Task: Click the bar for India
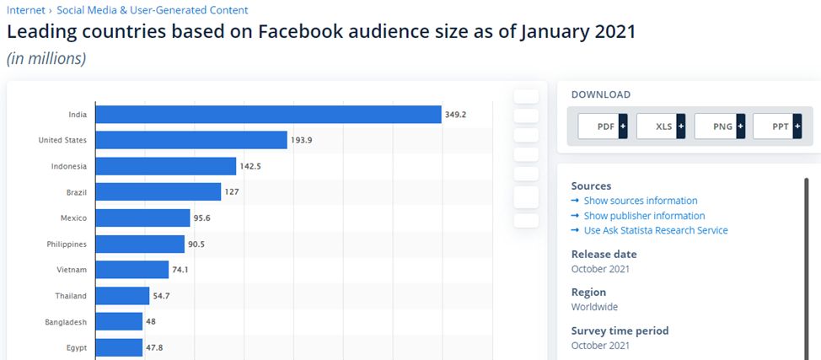click(268, 115)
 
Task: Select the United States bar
click(191, 140)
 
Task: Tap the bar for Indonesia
click(165, 166)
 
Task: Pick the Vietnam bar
click(131, 270)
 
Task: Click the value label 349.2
click(455, 115)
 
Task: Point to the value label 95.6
click(203, 218)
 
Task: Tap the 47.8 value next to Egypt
click(155, 347)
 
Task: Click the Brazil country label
click(76, 192)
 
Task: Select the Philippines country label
click(67, 244)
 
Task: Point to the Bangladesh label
click(66, 322)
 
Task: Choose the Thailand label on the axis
click(71, 296)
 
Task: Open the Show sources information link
click(641, 201)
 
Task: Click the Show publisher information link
click(644, 216)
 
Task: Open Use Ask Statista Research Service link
click(656, 230)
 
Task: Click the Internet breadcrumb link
click(25, 10)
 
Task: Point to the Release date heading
click(604, 254)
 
